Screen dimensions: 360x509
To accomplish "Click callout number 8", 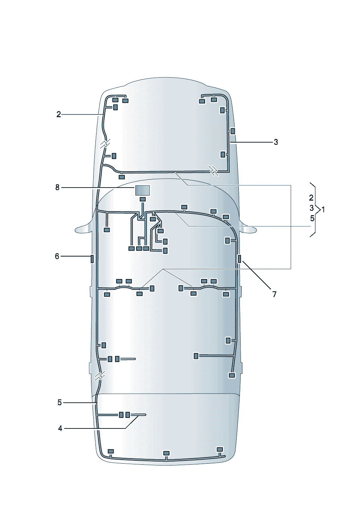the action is (57, 188).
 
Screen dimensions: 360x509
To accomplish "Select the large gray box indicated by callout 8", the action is (143, 190).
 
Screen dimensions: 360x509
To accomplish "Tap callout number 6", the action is (57, 256).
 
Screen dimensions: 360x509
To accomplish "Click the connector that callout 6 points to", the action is (92, 259).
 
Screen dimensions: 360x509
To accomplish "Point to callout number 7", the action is (274, 295).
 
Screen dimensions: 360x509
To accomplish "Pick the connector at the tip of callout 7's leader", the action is (239, 259).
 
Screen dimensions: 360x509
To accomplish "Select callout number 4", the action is (60, 428).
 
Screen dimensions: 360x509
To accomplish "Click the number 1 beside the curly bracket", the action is (323, 209).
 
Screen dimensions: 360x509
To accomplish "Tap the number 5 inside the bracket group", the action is (312, 218).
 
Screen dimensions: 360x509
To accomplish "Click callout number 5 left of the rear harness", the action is (60, 403).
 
